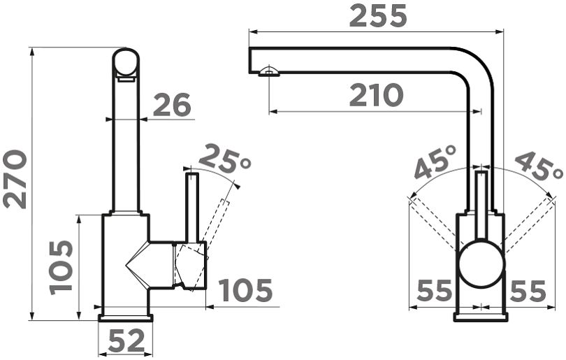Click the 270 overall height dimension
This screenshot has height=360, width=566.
15,180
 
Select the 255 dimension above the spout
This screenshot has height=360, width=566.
378,16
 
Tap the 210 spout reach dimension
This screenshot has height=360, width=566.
376,95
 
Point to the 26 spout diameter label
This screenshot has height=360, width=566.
171,105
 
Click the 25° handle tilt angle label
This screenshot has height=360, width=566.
224,159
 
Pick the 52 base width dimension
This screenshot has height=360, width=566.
126,341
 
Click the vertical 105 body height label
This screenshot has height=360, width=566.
61,267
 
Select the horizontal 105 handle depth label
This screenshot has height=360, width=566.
245,290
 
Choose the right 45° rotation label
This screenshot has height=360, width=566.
539,166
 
